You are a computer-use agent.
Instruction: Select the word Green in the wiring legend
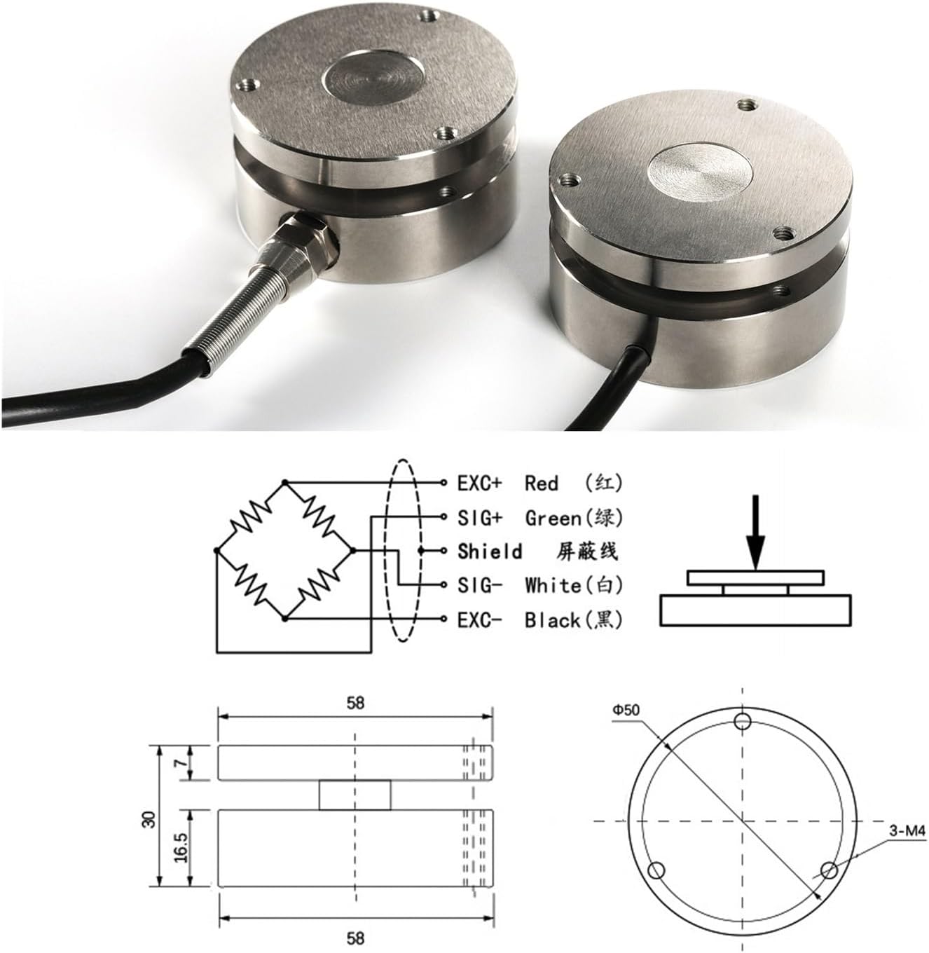click(x=553, y=518)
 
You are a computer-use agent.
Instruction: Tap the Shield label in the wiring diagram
click(x=490, y=551)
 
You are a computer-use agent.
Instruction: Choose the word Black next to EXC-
click(x=551, y=619)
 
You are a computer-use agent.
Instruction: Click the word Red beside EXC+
click(x=542, y=483)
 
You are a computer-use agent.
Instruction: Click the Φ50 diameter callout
click(x=626, y=709)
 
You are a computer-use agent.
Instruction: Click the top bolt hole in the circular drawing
click(x=743, y=721)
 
